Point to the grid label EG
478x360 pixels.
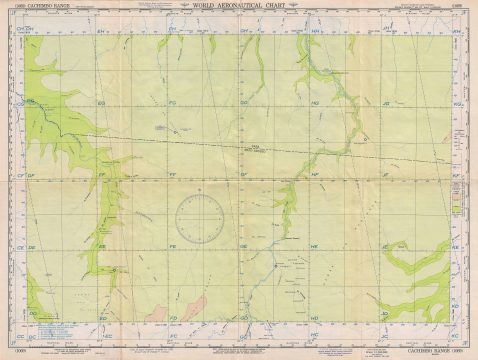click(101, 104)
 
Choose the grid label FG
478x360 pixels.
click(173, 104)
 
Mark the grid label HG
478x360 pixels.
click(315, 104)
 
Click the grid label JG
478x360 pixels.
click(385, 104)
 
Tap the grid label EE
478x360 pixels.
click(101, 246)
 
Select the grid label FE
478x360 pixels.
click(172, 246)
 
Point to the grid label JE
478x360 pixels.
click(385, 246)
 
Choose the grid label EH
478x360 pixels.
click(101, 33)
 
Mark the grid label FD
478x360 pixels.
click(172, 317)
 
